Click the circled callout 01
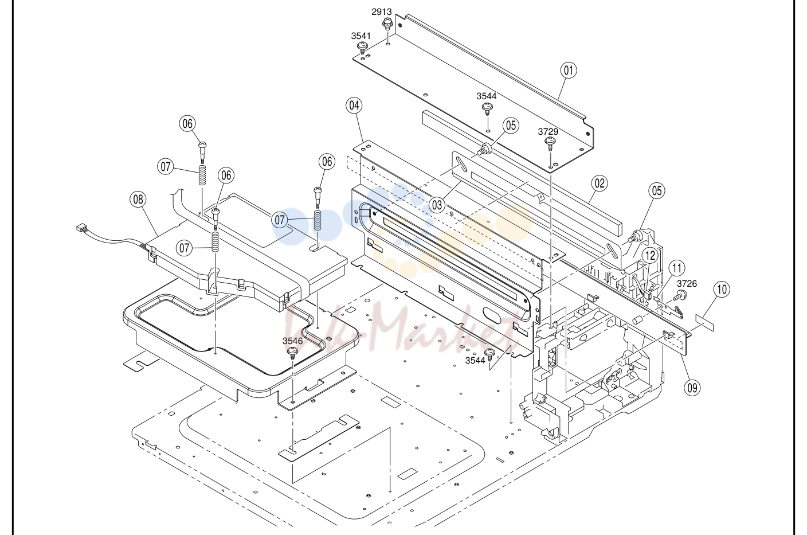569,70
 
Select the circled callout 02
600,183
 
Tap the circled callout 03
437,205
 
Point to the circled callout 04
354,106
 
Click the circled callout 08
138,200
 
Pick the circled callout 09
692,388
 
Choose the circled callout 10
722,290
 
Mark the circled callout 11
677,268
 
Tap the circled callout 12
650,256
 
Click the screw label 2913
382,12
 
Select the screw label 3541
361,36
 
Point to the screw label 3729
548,131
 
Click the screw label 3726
687,283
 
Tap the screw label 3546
292,341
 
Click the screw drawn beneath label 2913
387,25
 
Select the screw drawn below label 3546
292,353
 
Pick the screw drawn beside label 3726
679,296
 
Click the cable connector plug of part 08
83,228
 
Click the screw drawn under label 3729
550,144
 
